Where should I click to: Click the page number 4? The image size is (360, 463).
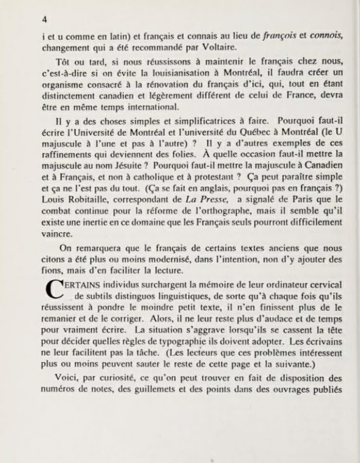[x=44, y=19]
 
